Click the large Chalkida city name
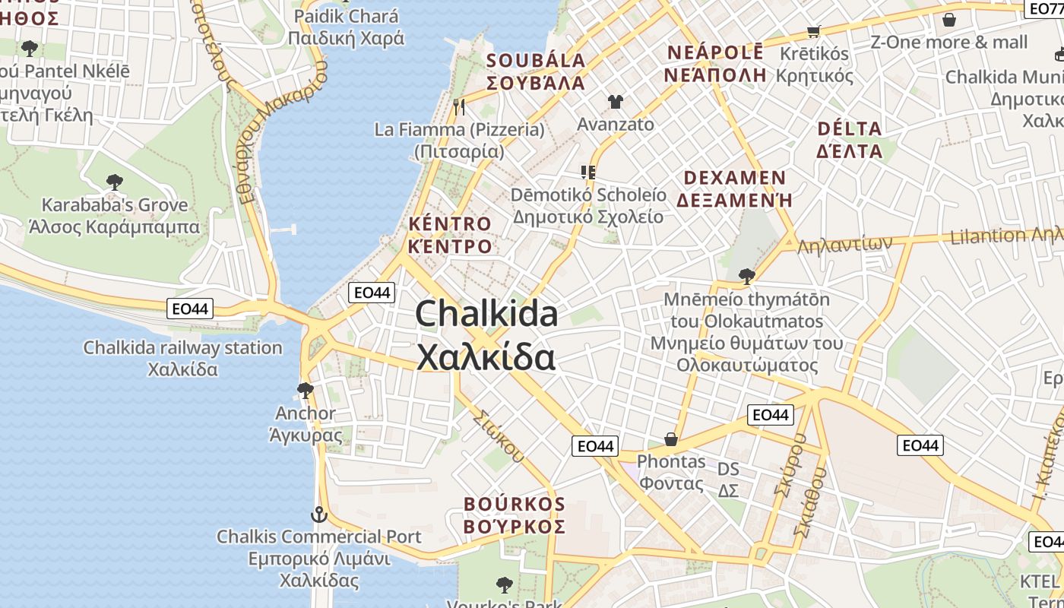486,335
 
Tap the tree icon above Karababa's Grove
115,182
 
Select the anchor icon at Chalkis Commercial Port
319,515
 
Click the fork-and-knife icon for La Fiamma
459,107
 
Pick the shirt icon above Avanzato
615,101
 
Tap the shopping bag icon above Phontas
671,439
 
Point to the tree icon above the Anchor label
306,391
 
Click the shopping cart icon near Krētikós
814,32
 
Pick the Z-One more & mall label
948,42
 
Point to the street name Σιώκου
499,436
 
